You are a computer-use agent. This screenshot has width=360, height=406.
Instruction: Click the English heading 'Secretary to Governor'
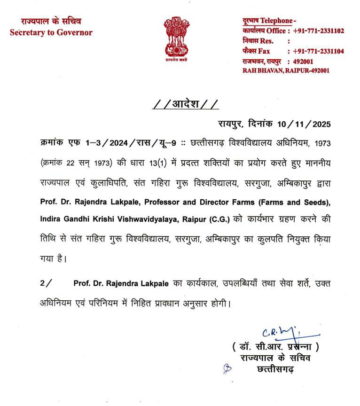[51, 32]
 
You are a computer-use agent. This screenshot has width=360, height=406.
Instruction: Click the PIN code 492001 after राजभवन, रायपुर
[303, 61]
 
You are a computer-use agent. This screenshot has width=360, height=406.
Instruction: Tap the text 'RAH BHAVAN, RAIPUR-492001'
[285, 70]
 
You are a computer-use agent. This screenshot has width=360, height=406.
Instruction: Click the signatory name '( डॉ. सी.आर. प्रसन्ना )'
[275, 347]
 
